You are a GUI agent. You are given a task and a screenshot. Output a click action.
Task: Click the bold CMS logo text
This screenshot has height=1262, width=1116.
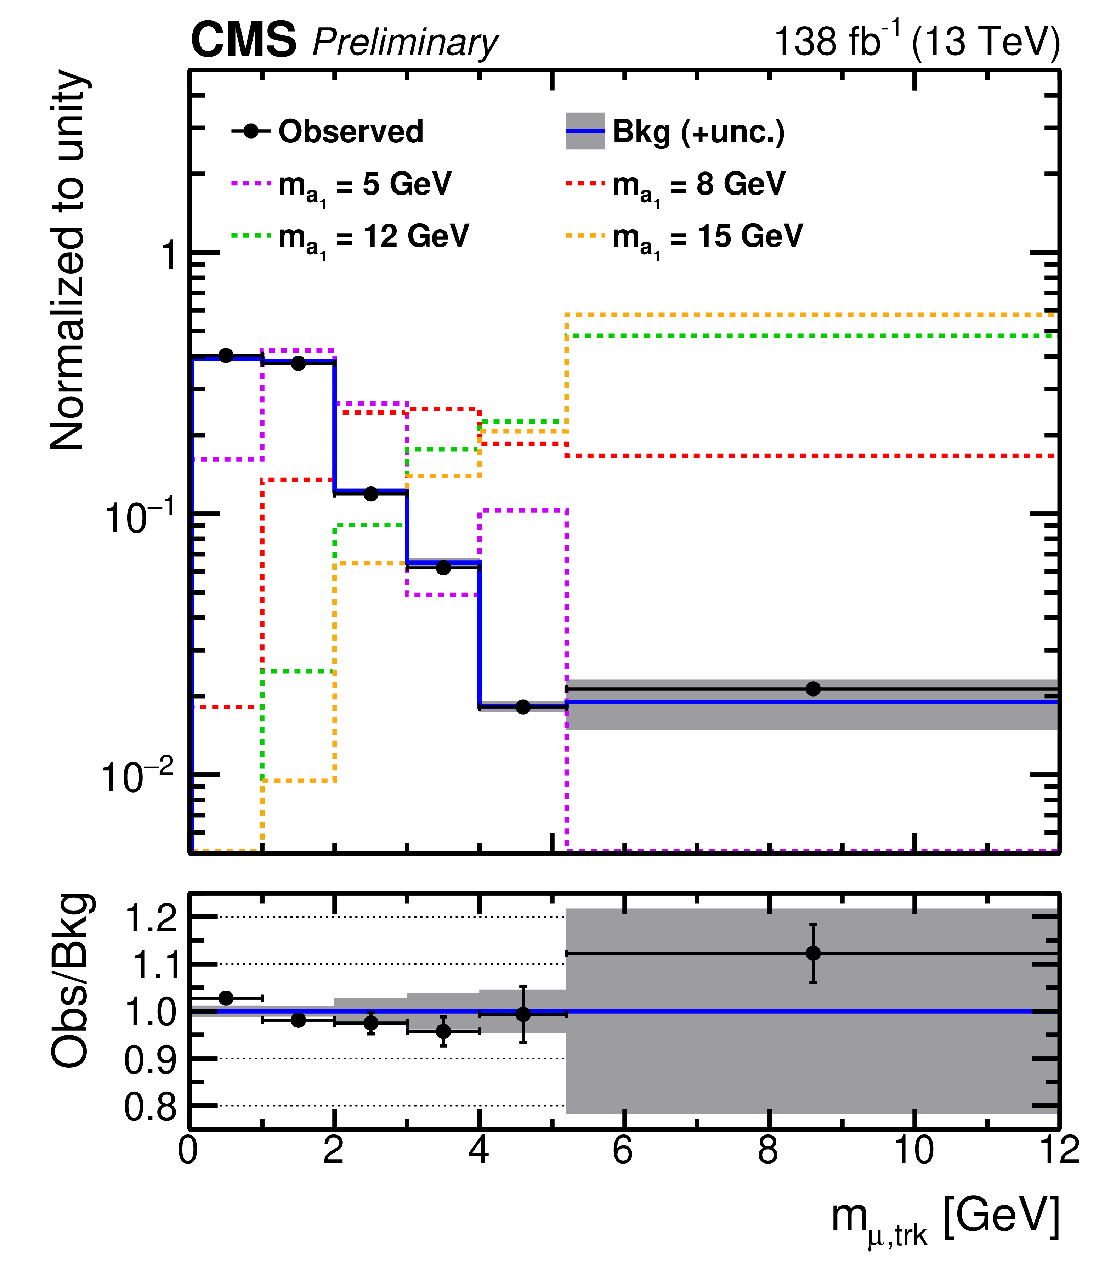click(x=244, y=41)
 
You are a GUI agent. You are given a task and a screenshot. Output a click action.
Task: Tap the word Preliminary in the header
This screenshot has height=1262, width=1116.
click(x=405, y=43)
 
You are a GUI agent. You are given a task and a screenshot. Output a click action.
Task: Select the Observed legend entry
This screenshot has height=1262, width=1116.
click(x=327, y=131)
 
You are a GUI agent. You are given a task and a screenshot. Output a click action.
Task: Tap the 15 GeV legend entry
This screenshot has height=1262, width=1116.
click(x=684, y=236)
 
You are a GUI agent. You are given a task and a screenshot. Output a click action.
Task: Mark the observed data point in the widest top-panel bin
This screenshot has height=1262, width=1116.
click(x=813, y=688)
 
